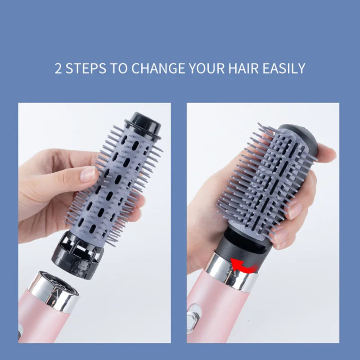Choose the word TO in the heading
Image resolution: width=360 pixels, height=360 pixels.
119,68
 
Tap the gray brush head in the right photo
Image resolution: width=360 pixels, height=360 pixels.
261,180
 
